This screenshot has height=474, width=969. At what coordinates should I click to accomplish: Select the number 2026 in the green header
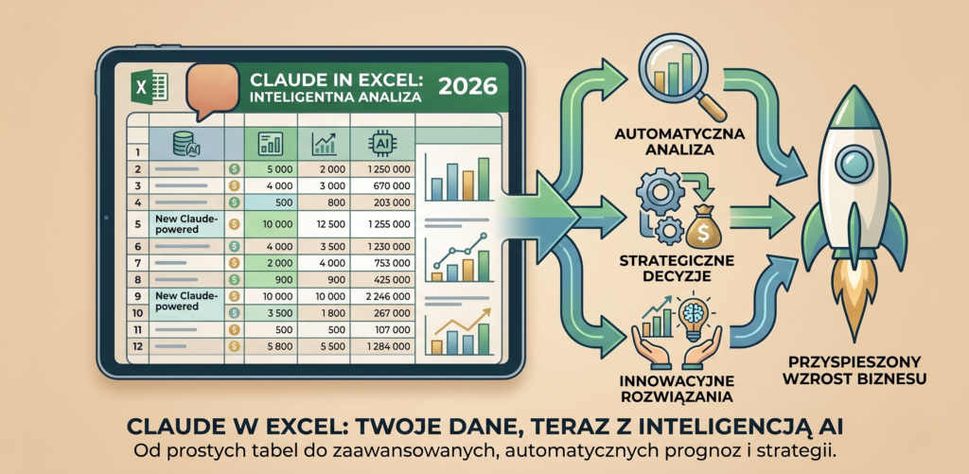[467, 85]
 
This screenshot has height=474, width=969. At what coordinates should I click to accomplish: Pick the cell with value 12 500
[326, 225]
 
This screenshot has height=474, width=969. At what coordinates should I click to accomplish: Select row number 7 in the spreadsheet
[139, 263]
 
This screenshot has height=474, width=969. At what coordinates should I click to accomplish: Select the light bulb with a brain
[696, 316]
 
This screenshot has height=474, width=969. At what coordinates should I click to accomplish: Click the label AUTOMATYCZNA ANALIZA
[674, 141]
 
